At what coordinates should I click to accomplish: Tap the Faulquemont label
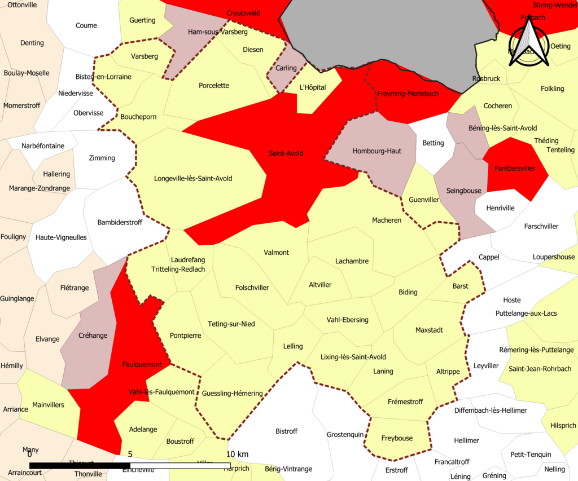coord(142,364)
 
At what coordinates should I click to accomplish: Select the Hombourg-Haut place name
coord(377,151)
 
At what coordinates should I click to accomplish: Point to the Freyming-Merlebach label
coord(408,94)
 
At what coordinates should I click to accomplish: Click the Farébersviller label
coord(514,168)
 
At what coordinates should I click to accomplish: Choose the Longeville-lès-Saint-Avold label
coord(193,178)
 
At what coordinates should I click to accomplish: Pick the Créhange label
coord(93,336)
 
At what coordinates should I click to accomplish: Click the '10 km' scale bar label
coord(238,454)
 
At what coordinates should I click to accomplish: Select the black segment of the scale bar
coord(80,465)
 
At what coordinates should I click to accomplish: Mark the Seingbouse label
coord(464,191)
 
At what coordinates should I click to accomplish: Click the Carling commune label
coord(286,68)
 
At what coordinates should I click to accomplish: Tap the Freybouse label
coord(397,438)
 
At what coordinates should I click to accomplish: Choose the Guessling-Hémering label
coord(232,393)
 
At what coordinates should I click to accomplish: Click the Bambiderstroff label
coord(120,222)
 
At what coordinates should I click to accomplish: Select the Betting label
coord(433,143)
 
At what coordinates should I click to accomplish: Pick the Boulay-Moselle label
coord(27,73)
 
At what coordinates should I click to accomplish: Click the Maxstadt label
coord(429,329)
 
